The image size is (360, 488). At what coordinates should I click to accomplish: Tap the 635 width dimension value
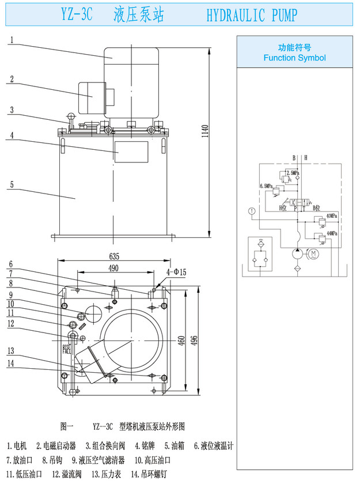click(113, 256)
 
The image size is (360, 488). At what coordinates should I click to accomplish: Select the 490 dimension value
click(112, 268)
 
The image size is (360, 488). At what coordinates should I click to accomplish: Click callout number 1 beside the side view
click(12, 41)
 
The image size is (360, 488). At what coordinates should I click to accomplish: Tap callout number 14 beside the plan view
click(12, 363)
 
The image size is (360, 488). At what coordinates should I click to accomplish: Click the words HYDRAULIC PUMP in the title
click(252, 16)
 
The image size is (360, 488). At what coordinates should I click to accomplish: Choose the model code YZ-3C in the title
click(76, 16)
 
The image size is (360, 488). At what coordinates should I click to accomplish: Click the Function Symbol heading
click(294, 58)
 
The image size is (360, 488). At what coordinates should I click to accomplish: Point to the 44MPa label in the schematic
click(331, 233)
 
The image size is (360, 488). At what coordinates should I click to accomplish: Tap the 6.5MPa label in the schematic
click(266, 186)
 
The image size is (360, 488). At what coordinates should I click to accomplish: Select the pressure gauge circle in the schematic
click(251, 210)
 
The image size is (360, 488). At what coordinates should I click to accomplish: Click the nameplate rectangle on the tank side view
click(132, 152)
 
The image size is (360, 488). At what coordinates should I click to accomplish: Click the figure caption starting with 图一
click(122, 427)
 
